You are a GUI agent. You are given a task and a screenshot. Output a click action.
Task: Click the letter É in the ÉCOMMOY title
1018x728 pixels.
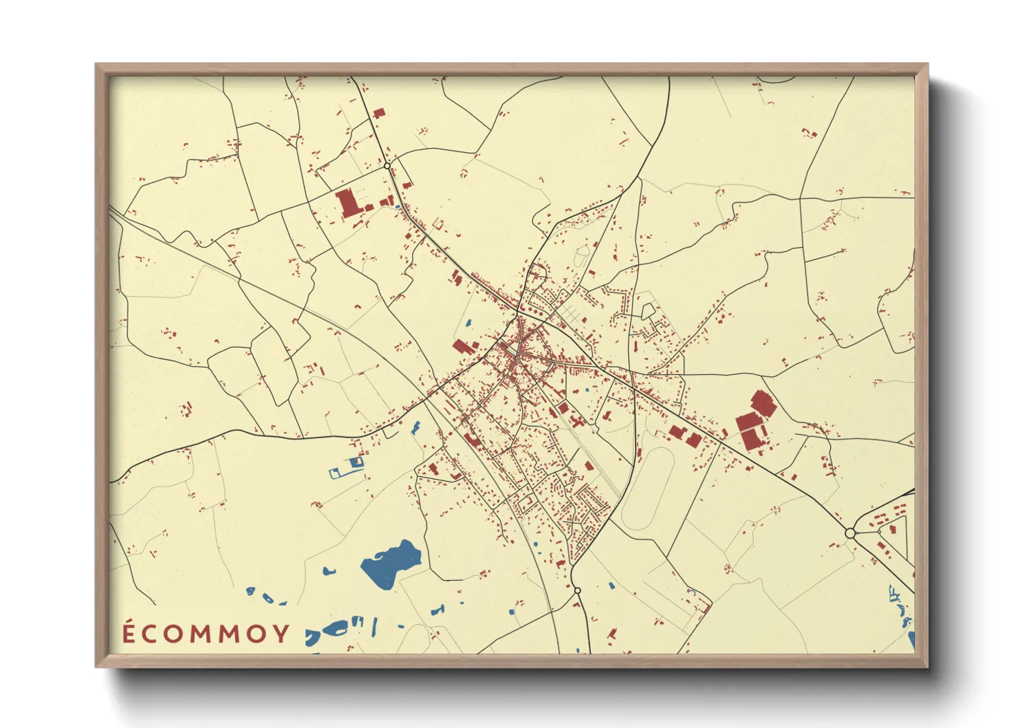coord(129,632)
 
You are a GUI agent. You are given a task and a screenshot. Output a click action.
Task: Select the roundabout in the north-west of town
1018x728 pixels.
coord(387,166)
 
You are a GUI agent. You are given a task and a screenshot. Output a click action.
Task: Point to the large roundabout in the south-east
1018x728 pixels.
coord(850,533)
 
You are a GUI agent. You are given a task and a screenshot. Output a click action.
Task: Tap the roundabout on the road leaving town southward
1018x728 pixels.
coord(577,590)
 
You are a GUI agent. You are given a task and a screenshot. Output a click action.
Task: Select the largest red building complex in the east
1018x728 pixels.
coord(756,420)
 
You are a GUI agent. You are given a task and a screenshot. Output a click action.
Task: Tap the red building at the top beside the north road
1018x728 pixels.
coord(378,114)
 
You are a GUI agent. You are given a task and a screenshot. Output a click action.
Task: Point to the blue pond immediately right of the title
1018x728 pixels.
coord(334,629)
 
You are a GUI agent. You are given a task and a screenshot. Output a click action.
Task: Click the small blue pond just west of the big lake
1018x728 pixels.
coord(329,570)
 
